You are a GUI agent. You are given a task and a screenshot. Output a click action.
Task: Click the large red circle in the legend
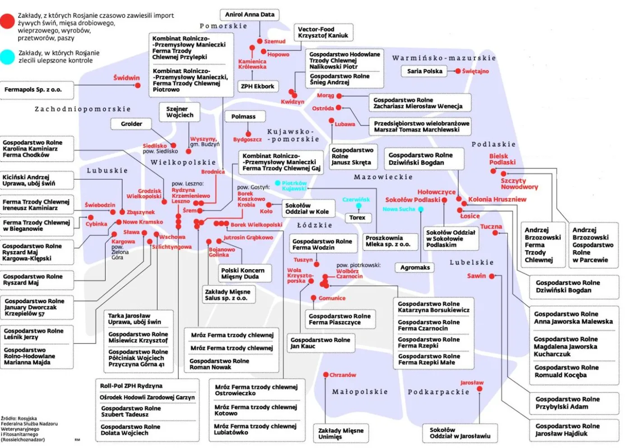tap(7, 21)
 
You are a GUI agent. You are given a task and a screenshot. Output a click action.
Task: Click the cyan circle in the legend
tap(7, 57)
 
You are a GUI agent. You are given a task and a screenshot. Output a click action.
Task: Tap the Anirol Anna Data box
tap(250, 14)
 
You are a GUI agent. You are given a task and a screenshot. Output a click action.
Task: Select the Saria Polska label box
tap(424, 71)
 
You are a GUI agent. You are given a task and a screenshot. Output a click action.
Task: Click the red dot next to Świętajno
tap(458, 71)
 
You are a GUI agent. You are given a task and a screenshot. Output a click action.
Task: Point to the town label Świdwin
tap(126, 78)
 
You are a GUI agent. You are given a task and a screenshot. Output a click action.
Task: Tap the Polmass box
tap(243, 117)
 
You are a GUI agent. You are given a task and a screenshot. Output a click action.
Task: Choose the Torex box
tap(357, 218)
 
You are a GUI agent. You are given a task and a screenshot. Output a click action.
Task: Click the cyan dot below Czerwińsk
tap(358, 206)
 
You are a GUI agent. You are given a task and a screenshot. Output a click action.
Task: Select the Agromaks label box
tap(415, 267)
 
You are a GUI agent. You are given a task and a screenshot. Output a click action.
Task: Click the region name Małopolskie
tap(360, 392)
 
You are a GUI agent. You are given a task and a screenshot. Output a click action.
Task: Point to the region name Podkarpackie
tap(438, 392)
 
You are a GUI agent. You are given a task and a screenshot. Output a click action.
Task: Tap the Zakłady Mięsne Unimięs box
tap(341, 434)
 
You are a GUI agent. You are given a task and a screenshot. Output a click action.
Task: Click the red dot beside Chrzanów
tap(326, 375)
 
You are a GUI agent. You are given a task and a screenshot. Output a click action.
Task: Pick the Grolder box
tap(131, 124)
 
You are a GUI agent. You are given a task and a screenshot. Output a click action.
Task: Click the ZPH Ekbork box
tap(257, 86)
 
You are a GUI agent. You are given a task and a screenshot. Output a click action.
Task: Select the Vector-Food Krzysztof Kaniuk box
tap(323, 32)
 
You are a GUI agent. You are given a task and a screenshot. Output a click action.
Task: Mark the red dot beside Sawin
tap(492, 276)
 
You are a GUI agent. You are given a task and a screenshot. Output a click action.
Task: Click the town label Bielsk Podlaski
tap(502, 159)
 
